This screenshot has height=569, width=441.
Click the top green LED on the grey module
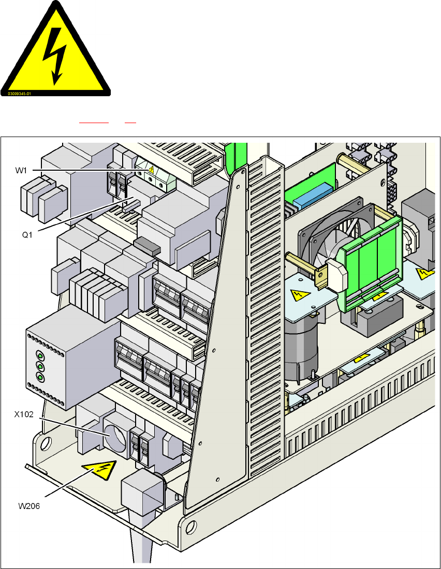40,356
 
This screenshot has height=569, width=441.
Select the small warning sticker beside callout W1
150,169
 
